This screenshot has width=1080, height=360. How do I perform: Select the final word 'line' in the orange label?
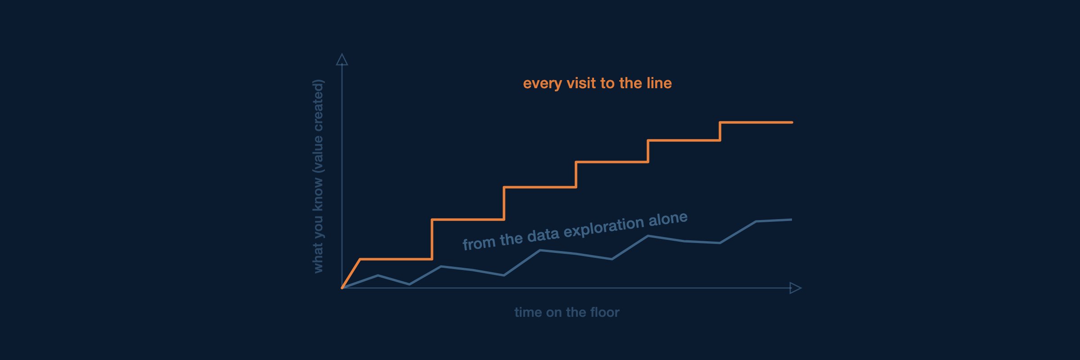659,83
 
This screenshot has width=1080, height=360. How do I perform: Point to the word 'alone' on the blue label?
668,219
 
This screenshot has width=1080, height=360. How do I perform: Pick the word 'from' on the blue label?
479,243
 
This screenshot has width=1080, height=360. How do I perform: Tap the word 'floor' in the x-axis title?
605,312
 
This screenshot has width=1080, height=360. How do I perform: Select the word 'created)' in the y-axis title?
318,105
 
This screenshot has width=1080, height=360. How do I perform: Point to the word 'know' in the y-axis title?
318,194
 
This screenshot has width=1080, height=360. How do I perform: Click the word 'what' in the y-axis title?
318,258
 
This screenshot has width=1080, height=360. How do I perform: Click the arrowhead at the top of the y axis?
342,59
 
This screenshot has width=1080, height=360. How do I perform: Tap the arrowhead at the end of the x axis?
796,288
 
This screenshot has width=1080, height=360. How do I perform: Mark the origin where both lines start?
342,288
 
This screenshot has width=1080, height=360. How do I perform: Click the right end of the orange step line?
792,122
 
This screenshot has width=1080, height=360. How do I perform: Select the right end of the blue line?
792,220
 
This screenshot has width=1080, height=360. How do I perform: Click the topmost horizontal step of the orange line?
756,122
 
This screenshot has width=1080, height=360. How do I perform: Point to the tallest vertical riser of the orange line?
432,239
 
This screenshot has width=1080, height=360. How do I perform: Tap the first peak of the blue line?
378,275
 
